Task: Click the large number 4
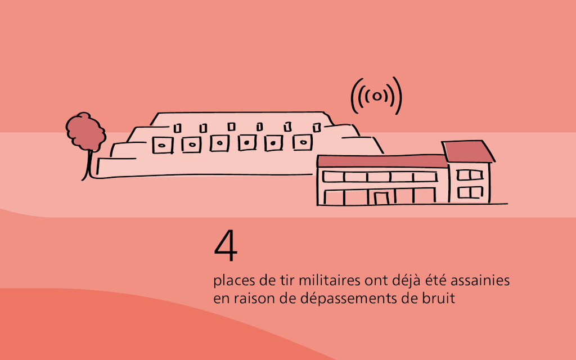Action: [226, 248]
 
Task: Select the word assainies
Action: [484, 280]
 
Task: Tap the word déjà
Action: [402, 280]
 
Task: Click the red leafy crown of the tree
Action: [85, 132]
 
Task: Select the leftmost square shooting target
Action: [163, 145]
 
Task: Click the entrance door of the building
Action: [382, 197]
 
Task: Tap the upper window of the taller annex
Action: [466, 174]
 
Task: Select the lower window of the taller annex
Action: [466, 192]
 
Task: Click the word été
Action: [430, 280]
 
